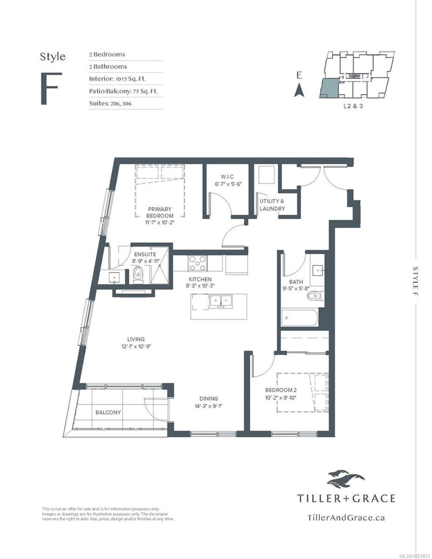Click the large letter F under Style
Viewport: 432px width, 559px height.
[49, 89]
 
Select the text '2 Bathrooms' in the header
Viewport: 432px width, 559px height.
[108, 67]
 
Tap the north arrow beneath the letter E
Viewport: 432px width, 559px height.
[299, 90]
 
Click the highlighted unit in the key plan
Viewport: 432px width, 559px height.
[329, 87]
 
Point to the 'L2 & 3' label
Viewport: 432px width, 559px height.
[353, 106]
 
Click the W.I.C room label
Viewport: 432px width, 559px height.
[227, 176]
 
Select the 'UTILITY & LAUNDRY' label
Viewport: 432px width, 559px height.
[272, 205]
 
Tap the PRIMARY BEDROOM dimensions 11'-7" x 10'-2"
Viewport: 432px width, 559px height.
[160, 222]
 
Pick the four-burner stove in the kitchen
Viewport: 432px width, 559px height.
[197, 263]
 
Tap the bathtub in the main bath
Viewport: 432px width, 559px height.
[300, 317]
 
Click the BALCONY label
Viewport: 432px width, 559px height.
[108, 412]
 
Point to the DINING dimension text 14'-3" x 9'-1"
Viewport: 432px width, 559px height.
[209, 406]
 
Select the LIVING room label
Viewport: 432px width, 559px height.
[136, 339]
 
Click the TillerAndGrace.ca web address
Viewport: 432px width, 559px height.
[346, 518]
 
